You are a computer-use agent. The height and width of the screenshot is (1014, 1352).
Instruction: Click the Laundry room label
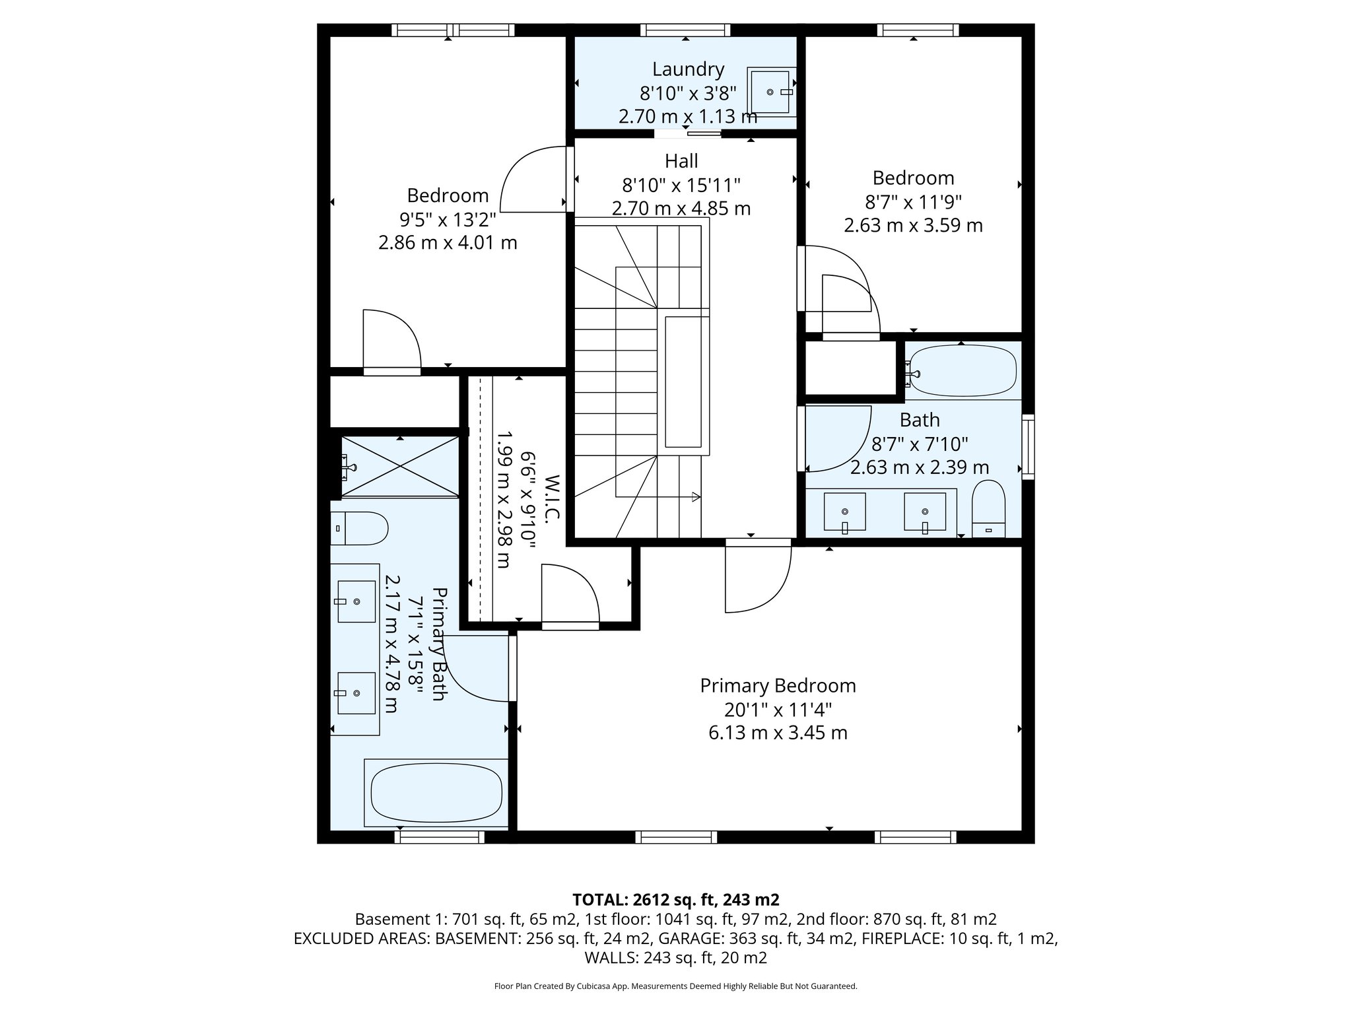point(688,69)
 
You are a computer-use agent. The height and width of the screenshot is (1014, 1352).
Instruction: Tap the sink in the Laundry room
point(770,92)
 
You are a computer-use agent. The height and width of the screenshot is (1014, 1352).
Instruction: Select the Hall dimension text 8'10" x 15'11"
point(681,185)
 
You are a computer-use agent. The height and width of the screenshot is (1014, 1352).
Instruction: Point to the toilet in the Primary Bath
point(358,528)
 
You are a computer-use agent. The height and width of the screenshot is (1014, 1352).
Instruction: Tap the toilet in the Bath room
point(988,508)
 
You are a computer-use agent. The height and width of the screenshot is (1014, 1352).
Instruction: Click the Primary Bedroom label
point(778,686)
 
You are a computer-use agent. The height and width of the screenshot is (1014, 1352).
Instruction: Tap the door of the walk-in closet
point(569,594)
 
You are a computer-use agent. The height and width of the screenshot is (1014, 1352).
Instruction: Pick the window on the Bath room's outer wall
point(1027,446)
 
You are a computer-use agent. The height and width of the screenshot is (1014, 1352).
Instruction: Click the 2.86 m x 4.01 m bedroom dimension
point(447,243)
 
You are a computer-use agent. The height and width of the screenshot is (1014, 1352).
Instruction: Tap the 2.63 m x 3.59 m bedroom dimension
point(913,226)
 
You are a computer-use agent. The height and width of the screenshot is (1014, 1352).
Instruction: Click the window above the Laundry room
point(685,30)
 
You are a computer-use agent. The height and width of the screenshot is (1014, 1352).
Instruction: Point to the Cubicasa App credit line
point(675,986)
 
